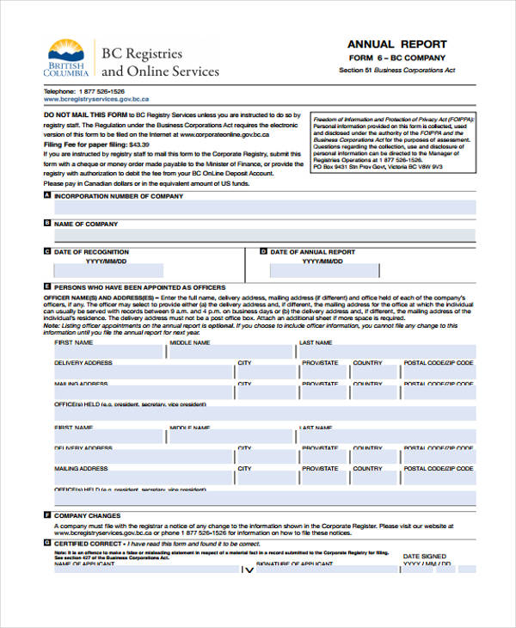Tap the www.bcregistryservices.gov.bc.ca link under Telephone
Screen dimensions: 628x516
click(x=96, y=99)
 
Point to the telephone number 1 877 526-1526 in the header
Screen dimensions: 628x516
click(x=102, y=91)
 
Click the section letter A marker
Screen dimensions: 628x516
click(x=46, y=196)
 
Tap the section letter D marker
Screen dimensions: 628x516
click(x=263, y=252)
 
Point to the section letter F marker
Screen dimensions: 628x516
click(x=46, y=515)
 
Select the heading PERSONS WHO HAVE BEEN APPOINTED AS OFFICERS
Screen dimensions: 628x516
click(x=139, y=287)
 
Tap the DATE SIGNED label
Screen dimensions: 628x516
click(x=424, y=557)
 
